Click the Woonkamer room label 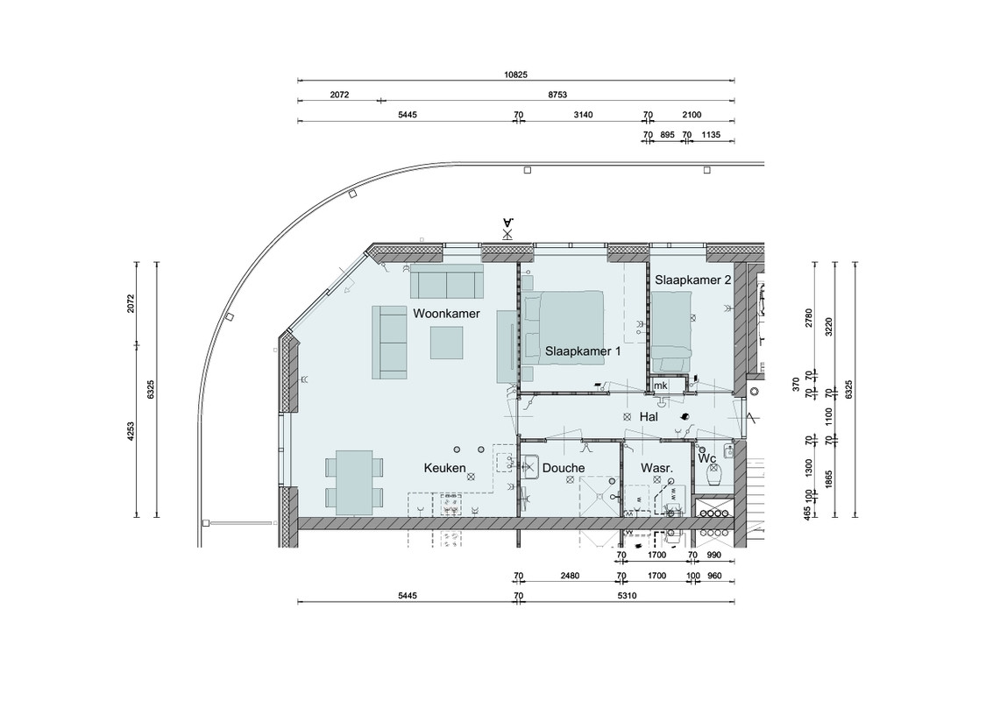click(446, 313)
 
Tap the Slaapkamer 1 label click(583, 351)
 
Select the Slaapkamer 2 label click(693, 280)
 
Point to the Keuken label click(444, 468)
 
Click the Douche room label click(564, 468)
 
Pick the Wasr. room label click(657, 468)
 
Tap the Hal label click(649, 417)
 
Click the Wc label click(707, 458)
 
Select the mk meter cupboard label click(660, 386)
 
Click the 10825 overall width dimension click(515, 74)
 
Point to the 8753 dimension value click(557, 95)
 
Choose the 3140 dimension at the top click(583, 115)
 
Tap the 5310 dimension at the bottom click(627, 595)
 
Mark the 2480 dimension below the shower click(570, 576)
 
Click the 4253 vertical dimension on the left click(131, 431)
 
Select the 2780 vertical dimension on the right click(809, 318)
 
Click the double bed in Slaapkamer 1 click(563, 328)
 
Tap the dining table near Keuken click(354, 483)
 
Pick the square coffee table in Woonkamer click(448, 343)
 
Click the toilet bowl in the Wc click(713, 478)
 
